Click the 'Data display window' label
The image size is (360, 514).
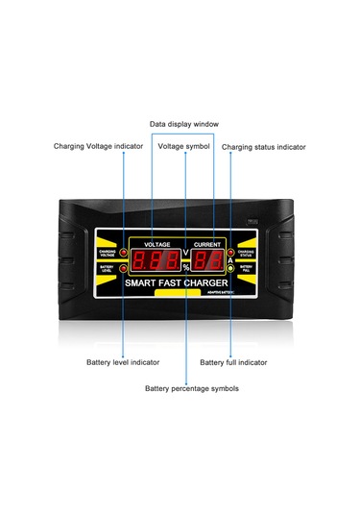pyautogui.click(x=184, y=124)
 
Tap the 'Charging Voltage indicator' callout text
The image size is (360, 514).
pyautogui.click(x=98, y=146)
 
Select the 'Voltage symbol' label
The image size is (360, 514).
pyautogui.click(x=183, y=146)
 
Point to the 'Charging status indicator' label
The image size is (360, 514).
pyautogui.click(x=264, y=147)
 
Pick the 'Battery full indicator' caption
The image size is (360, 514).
pyautogui.click(x=233, y=362)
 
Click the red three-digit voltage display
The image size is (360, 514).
pyautogui.click(x=154, y=261)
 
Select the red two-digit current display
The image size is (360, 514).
pyautogui.click(x=209, y=261)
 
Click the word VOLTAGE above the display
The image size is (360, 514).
pyautogui.click(x=154, y=246)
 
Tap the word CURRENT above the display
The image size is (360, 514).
pyautogui.click(x=208, y=246)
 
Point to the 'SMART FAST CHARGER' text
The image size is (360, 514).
pyautogui.click(x=180, y=283)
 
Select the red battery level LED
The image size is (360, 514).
pyautogui.click(x=124, y=268)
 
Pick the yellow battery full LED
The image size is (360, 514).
pyautogui.click(x=231, y=268)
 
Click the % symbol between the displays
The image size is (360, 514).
pyautogui.click(x=185, y=268)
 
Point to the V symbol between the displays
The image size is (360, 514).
pyautogui.click(x=185, y=254)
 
